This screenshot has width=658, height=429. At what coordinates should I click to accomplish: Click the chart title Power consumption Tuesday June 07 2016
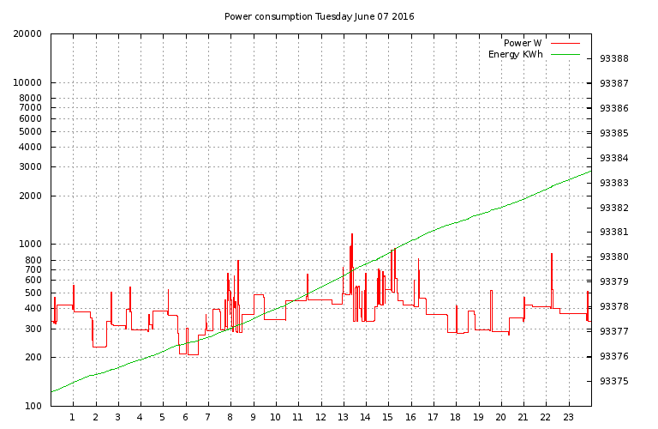click(x=319, y=16)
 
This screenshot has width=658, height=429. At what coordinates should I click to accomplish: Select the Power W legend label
click(x=522, y=43)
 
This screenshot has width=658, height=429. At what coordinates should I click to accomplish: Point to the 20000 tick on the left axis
click(x=28, y=34)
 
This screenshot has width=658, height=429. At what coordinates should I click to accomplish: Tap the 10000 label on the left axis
click(x=28, y=83)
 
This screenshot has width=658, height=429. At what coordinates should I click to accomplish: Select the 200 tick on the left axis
click(x=33, y=358)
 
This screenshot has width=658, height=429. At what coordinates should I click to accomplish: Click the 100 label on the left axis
click(x=33, y=406)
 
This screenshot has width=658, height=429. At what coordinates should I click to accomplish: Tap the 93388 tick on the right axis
click(x=614, y=59)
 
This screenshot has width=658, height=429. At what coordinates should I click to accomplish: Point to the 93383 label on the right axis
click(x=614, y=183)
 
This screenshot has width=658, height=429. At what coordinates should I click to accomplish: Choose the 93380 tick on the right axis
click(x=614, y=257)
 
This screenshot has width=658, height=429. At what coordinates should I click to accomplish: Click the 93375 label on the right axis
click(x=614, y=381)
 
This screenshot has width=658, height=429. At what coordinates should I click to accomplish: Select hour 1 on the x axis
click(x=73, y=418)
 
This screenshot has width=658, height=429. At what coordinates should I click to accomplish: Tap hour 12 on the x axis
click(x=320, y=418)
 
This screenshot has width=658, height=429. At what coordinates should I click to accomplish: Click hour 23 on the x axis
click(x=568, y=418)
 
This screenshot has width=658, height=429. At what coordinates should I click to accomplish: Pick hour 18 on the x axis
click(x=456, y=418)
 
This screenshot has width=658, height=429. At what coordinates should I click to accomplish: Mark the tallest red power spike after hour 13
click(x=352, y=234)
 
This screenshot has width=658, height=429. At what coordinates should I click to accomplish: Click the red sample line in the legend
click(x=566, y=43)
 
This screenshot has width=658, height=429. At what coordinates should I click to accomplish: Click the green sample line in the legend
click(x=566, y=54)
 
